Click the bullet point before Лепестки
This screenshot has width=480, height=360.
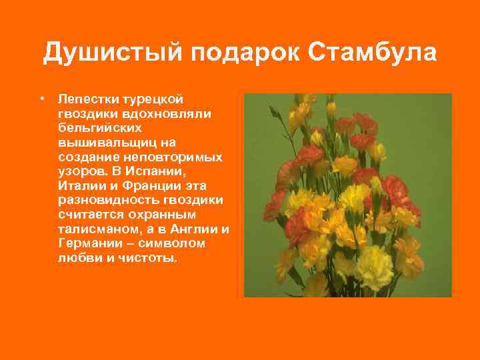point(42,98)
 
